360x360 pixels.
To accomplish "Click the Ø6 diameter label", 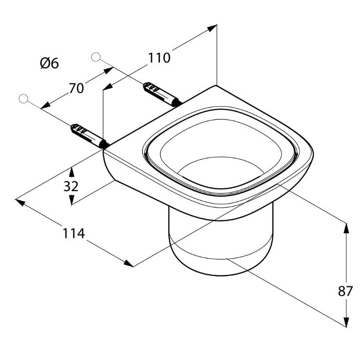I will click(49, 63).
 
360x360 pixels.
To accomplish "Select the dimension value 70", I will click(76, 88).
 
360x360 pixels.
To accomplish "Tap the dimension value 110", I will click(159, 58).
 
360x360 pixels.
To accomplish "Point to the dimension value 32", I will click(71, 186).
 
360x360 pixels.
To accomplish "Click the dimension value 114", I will click(74, 233).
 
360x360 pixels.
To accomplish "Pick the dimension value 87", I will click(345, 291).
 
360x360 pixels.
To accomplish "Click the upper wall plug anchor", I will click(161, 95).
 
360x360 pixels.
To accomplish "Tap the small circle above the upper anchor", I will click(95, 57).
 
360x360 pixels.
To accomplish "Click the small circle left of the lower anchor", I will click(23, 99).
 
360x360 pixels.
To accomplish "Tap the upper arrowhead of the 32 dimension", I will click(72, 171).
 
